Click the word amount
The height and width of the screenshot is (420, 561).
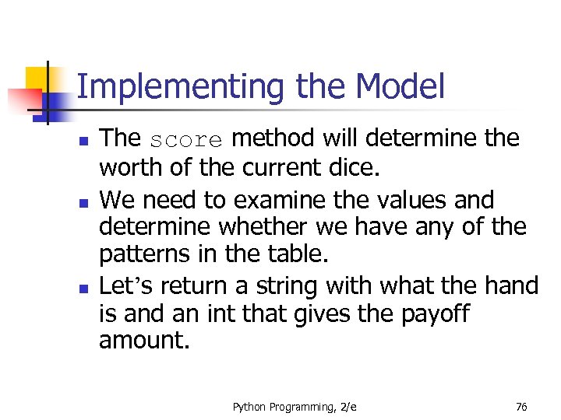144,341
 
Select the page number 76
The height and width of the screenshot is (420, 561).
520,407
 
